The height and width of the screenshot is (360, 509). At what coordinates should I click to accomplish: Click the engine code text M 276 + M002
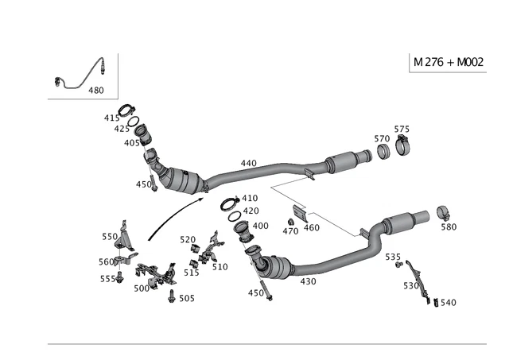(449, 63)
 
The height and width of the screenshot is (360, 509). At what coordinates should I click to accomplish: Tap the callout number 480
(95, 91)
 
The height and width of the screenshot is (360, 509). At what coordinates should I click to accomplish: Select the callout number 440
(248, 163)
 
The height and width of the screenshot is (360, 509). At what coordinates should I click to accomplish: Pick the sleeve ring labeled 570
(383, 151)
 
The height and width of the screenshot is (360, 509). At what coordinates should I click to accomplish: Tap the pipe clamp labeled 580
(444, 213)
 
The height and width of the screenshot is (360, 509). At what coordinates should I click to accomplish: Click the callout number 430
(308, 281)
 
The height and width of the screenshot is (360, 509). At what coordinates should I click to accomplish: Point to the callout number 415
(111, 118)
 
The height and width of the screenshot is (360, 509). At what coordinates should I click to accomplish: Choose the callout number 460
(311, 228)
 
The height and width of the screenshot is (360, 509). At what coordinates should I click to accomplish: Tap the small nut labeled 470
(291, 221)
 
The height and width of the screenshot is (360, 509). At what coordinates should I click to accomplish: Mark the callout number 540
(448, 303)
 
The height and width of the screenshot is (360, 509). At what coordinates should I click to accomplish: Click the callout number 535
(393, 257)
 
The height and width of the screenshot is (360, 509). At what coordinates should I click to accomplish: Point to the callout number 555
(107, 279)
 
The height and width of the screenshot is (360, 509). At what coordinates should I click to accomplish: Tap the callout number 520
(188, 239)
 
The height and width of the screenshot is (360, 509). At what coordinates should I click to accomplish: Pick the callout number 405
(131, 143)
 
